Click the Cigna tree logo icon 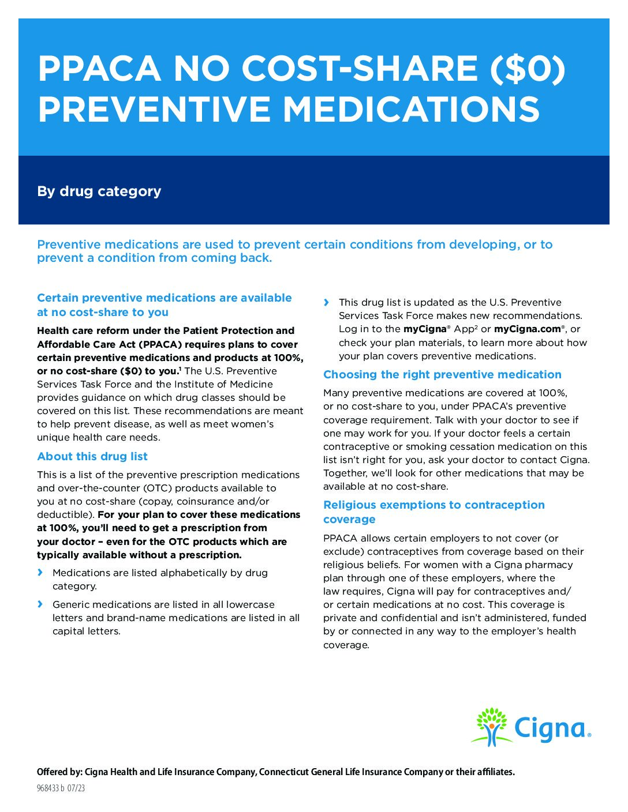point(491,727)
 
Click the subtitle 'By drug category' point(99,191)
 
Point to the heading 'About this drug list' point(92,456)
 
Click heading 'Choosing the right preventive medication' point(442,374)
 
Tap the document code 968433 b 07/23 point(61,788)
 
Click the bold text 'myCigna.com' point(528,329)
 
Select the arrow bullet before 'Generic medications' point(40,604)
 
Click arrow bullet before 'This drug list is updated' point(327,302)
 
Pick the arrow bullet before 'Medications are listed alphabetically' point(40,572)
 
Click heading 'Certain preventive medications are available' point(165,298)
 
